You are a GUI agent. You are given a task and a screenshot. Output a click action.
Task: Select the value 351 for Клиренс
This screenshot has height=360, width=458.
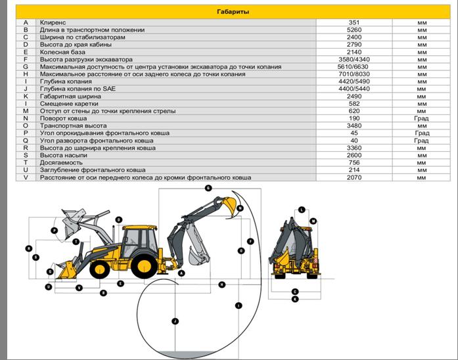tap(354, 22)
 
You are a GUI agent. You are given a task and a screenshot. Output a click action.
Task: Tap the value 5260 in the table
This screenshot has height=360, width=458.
tap(354, 30)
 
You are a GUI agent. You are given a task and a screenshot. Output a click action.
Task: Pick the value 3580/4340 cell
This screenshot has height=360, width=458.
tap(354, 59)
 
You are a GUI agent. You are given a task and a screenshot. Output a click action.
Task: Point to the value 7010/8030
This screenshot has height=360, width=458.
tap(354, 74)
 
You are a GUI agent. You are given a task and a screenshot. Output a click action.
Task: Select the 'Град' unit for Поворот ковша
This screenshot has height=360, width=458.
tap(421, 118)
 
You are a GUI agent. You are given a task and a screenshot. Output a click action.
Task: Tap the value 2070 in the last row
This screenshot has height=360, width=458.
tap(354, 177)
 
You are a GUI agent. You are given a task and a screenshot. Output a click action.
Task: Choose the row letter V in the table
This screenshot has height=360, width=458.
tap(25, 177)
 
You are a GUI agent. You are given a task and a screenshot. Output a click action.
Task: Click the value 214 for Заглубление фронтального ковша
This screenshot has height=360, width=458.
tap(354, 169)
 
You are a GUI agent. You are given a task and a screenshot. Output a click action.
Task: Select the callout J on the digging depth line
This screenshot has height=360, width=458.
tap(175, 321)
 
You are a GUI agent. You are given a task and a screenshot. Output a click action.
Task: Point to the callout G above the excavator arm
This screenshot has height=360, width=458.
tap(208, 188)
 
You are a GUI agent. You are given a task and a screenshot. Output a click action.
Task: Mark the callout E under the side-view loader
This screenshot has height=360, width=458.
tap(121, 283)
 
